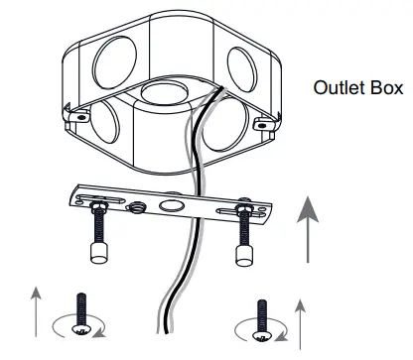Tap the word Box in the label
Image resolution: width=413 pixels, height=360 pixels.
coord(387,87)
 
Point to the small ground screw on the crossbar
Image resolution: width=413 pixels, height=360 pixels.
coord(137,207)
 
